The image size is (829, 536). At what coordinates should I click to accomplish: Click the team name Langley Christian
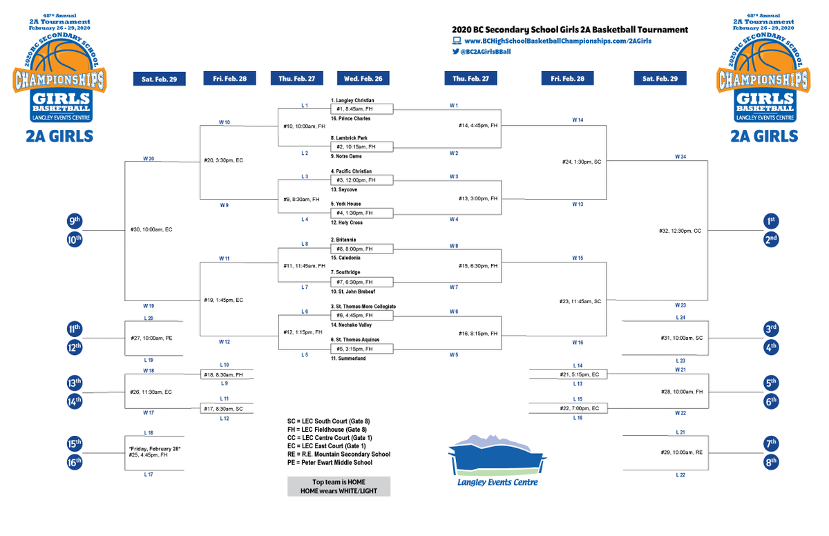click(354, 101)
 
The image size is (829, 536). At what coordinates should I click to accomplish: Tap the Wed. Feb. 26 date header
click(363, 79)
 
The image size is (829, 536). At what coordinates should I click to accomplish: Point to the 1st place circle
click(770, 221)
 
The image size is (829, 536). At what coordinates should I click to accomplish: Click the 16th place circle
click(75, 461)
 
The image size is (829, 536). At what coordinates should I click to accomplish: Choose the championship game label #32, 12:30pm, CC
click(678, 231)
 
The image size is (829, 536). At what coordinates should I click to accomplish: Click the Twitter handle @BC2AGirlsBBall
click(485, 52)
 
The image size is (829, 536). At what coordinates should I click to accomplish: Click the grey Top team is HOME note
click(339, 486)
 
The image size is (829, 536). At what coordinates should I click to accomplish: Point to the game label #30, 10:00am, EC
click(151, 230)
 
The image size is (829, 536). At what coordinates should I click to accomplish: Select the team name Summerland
click(348, 358)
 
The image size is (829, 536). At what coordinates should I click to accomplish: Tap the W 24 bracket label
click(680, 157)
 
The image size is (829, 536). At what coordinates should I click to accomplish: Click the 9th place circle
click(75, 221)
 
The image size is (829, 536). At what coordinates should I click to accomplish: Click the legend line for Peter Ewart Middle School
click(334, 463)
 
